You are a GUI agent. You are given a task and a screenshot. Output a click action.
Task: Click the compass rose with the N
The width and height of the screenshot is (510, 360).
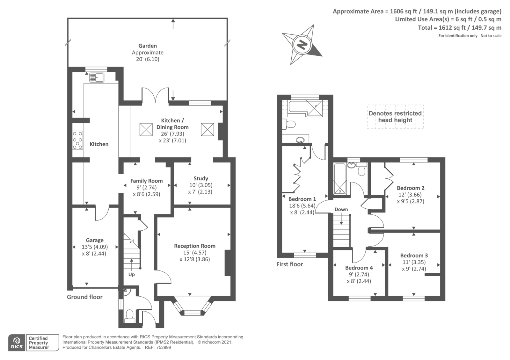(x=302, y=44)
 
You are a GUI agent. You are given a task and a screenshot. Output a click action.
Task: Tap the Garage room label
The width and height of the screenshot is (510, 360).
(x=95, y=240)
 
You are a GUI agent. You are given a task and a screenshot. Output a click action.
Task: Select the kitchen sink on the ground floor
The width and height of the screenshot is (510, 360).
(x=97, y=77)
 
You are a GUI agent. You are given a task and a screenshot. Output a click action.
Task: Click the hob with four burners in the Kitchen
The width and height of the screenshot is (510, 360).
(x=77, y=140)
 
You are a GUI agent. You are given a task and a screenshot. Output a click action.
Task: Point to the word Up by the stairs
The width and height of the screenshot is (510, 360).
(x=131, y=274)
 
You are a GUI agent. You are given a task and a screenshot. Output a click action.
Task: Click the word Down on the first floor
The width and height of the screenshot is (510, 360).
(x=341, y=209)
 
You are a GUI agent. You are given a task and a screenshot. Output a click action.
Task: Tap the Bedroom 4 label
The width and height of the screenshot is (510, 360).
(x=359, y=268)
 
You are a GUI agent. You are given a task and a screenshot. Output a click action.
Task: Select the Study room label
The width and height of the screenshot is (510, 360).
(x=201, y=178)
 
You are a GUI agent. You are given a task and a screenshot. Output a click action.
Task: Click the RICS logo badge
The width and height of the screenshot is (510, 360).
(x=17, y=343)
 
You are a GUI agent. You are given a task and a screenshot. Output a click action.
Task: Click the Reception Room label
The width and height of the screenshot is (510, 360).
(x=195, y=246)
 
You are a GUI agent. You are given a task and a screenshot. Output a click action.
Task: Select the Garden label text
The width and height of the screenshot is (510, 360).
(x=148, y=46)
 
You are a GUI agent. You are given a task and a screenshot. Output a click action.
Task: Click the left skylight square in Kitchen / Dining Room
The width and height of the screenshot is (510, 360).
(x=146, y=129)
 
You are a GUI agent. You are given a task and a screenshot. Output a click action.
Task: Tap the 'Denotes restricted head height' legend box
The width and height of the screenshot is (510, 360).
(x=395, y=117)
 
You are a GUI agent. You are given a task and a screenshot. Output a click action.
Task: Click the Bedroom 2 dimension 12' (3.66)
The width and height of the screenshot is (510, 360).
(x=410, y=195)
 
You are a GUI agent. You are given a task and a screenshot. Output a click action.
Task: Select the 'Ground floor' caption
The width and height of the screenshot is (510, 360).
(x=84, y=297)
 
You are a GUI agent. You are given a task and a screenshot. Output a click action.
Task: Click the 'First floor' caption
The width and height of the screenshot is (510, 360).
(x=289, y=264)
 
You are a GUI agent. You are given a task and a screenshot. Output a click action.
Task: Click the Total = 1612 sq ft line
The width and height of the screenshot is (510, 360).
(x=460, y=28)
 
